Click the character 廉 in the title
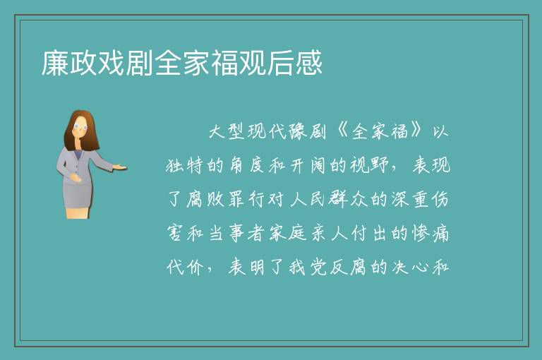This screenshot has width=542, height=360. [x=55, y=63]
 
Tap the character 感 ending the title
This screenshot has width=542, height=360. [x=309, y=63]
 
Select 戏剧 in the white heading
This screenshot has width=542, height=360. [x=112, y=63]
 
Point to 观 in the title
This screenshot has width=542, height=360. [x=253, y=63]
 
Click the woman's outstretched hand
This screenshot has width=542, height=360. [x=119, y=168]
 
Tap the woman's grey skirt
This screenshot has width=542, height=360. [x=78, y=195]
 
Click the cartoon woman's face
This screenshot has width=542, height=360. [x=80, y=127]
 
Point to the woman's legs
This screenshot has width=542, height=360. [x=78, y=212]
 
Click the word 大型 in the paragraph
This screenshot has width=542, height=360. [x=227, y=131]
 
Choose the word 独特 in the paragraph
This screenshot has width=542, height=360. [x=184, y=165]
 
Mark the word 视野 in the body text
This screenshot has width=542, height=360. [x=369, y=165]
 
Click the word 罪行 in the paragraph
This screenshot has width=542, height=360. [x=246, y=199]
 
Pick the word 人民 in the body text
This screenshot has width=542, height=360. [x=307, y=199]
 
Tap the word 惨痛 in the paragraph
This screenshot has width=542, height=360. [x=430, y=233]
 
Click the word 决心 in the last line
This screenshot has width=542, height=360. [x=410, y=267]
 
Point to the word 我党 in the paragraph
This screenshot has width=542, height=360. [x=307, y=267]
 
